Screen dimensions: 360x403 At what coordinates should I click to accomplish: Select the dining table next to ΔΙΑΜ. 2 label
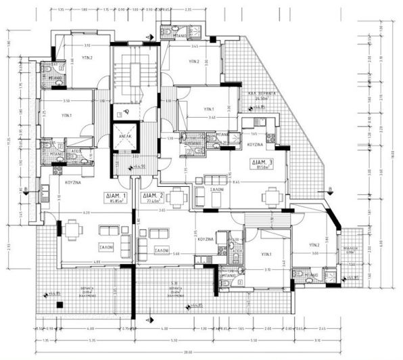click(x=177, y=198)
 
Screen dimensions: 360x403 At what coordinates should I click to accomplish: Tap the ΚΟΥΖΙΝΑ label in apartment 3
click(x=254, y=145)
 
